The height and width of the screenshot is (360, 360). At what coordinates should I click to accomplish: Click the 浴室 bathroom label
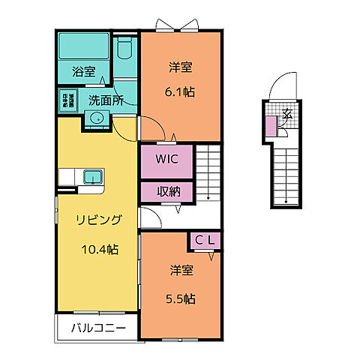click(x=84, y=73)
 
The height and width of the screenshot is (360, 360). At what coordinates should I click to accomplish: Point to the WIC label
click(x=166, y=159)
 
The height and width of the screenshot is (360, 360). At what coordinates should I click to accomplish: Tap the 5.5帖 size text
click(x=180, y=298)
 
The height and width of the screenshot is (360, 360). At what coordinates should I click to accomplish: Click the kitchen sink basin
click(x=93, y=177)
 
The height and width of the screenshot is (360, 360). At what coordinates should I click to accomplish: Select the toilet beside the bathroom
click(x=126, y=51)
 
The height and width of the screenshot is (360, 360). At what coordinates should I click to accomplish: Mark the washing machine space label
click(x=67, y=99)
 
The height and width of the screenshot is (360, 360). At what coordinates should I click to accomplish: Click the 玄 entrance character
click(x=287, y=114)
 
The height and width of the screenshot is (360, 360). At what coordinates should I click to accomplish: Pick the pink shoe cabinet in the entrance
click(x=271, y=126)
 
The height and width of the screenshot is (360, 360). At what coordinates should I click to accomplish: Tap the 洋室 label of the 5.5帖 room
click(x=180, y=269)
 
